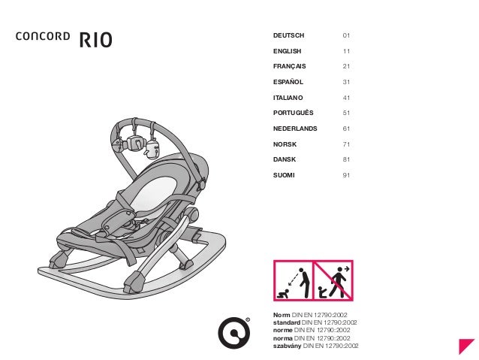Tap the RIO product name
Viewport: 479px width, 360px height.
click(95, 38)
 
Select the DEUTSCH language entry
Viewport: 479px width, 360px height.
click(288, 35)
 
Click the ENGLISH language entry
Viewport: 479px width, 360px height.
click(287, 51)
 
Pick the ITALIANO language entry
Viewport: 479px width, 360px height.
click(288, 98)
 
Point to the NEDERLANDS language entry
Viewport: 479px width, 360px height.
click(294, 129)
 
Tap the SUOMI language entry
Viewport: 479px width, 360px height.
click(284, 175)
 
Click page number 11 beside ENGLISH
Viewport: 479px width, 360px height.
click(346, 51)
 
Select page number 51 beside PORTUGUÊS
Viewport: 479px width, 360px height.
click(346, 113)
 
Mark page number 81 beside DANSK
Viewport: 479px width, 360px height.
click(346, 160)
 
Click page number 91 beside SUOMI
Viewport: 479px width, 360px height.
click(346, 175)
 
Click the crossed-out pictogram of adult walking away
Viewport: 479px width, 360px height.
click(333, 280)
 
